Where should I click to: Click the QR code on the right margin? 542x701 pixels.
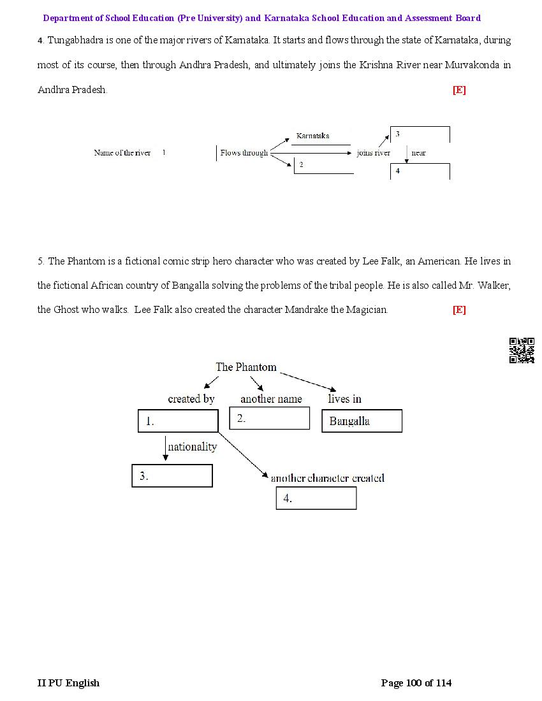[x=522, y=350]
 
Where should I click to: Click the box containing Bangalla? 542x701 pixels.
[x=362, y=421]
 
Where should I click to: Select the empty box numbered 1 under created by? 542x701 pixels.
[x=178, y=421]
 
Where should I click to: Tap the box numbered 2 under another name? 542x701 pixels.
[x=269, y=418]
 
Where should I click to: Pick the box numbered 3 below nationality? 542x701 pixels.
[x=172, y=476]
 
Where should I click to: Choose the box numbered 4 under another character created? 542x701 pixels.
[x=316, y=498]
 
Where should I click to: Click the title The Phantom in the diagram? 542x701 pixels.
[x=246, y=367]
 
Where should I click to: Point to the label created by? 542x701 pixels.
[x=191, y=399]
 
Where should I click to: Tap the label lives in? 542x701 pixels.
[x=344, y=399]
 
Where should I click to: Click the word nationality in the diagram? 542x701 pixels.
[x=193, y=447]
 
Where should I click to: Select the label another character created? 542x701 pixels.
[x=327, y=478]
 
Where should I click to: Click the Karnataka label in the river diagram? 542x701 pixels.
[x=312, y=136]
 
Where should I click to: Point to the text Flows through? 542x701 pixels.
[x=244, y=153]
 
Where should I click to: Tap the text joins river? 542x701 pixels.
[x=374, y=153]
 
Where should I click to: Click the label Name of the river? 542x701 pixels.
[x=122, y=153]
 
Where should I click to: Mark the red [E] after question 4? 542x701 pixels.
[x=459, y=90]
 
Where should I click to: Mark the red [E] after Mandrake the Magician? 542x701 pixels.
[x=459, y=310]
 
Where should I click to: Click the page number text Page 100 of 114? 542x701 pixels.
[x=416, y=683]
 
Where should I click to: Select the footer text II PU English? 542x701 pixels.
[x=69, y=683]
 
